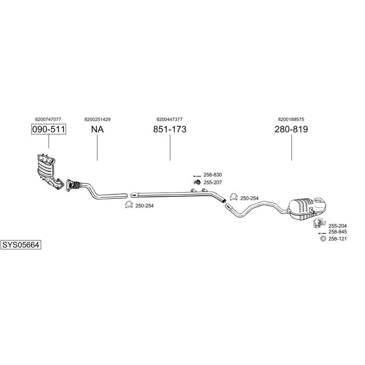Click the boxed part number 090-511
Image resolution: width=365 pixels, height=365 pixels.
(49, 129)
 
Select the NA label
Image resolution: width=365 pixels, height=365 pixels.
(97, 129)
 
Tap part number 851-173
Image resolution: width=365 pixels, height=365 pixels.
(170, 129)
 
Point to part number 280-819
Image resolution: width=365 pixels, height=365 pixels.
(291, 129)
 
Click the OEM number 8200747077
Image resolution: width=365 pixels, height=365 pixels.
(48, 120)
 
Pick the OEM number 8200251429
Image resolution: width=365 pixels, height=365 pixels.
(97, 120)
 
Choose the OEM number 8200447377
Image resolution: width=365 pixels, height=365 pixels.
(169, 120)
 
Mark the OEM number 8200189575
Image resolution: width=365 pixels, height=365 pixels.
(291, 120)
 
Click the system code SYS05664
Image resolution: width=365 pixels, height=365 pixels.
(21, 245)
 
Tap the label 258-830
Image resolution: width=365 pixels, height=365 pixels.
(212, 175)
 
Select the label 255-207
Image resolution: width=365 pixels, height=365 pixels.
(212, 182)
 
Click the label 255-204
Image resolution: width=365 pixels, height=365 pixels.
(338, 226)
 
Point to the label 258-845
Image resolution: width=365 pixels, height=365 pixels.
(338, 232)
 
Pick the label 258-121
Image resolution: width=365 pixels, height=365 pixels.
(338, 239)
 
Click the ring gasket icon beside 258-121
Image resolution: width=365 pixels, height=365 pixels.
(323, 239)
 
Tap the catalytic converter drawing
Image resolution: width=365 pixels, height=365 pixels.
(50, 171)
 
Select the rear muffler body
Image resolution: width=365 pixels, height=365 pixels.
(307, 208)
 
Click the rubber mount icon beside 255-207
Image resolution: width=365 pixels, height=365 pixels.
(197, 182)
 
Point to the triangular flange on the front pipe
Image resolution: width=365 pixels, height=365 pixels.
(69, 186)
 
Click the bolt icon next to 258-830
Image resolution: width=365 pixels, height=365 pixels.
(197, 176)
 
